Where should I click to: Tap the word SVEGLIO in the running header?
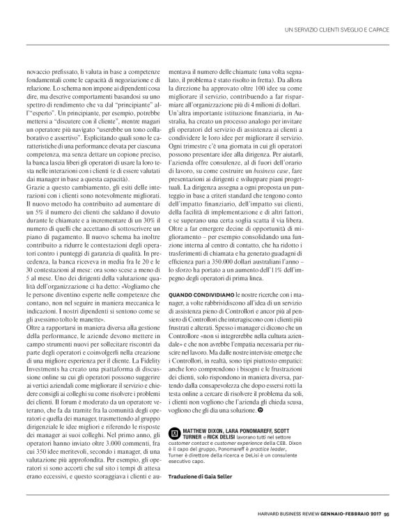click(x=332, y=29)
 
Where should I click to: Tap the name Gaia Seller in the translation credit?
click(x=216, y=476)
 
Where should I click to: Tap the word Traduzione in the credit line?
click(x=185, y=476)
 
